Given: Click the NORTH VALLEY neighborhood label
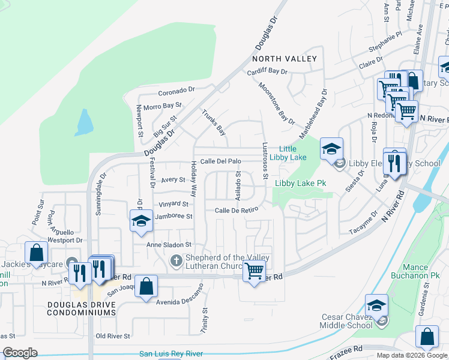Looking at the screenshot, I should tap(284, 59).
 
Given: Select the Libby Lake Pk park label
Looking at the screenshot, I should tap(300, 183).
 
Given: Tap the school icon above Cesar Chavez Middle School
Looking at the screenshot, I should tap(376, 305).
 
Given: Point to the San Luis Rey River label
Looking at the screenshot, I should tap(170, 354).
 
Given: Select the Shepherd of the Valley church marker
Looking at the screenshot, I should tap(176, 260).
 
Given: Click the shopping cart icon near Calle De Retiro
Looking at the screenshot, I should tap(254, 271).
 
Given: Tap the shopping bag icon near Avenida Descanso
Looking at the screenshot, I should tap(146, 286).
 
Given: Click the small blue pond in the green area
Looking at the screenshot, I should tap(85, 123).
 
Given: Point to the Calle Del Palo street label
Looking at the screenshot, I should tap(220, 161).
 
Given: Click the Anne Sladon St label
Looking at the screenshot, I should tap(170, 245).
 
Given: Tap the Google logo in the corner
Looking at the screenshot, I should tap(20, 353).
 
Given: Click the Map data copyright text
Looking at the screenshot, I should tap(411, 355).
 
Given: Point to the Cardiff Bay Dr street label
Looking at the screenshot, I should tap(267, 71).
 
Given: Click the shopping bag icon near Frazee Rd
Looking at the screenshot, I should tap(427, 337).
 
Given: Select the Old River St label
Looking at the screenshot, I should tap(113, 335).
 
